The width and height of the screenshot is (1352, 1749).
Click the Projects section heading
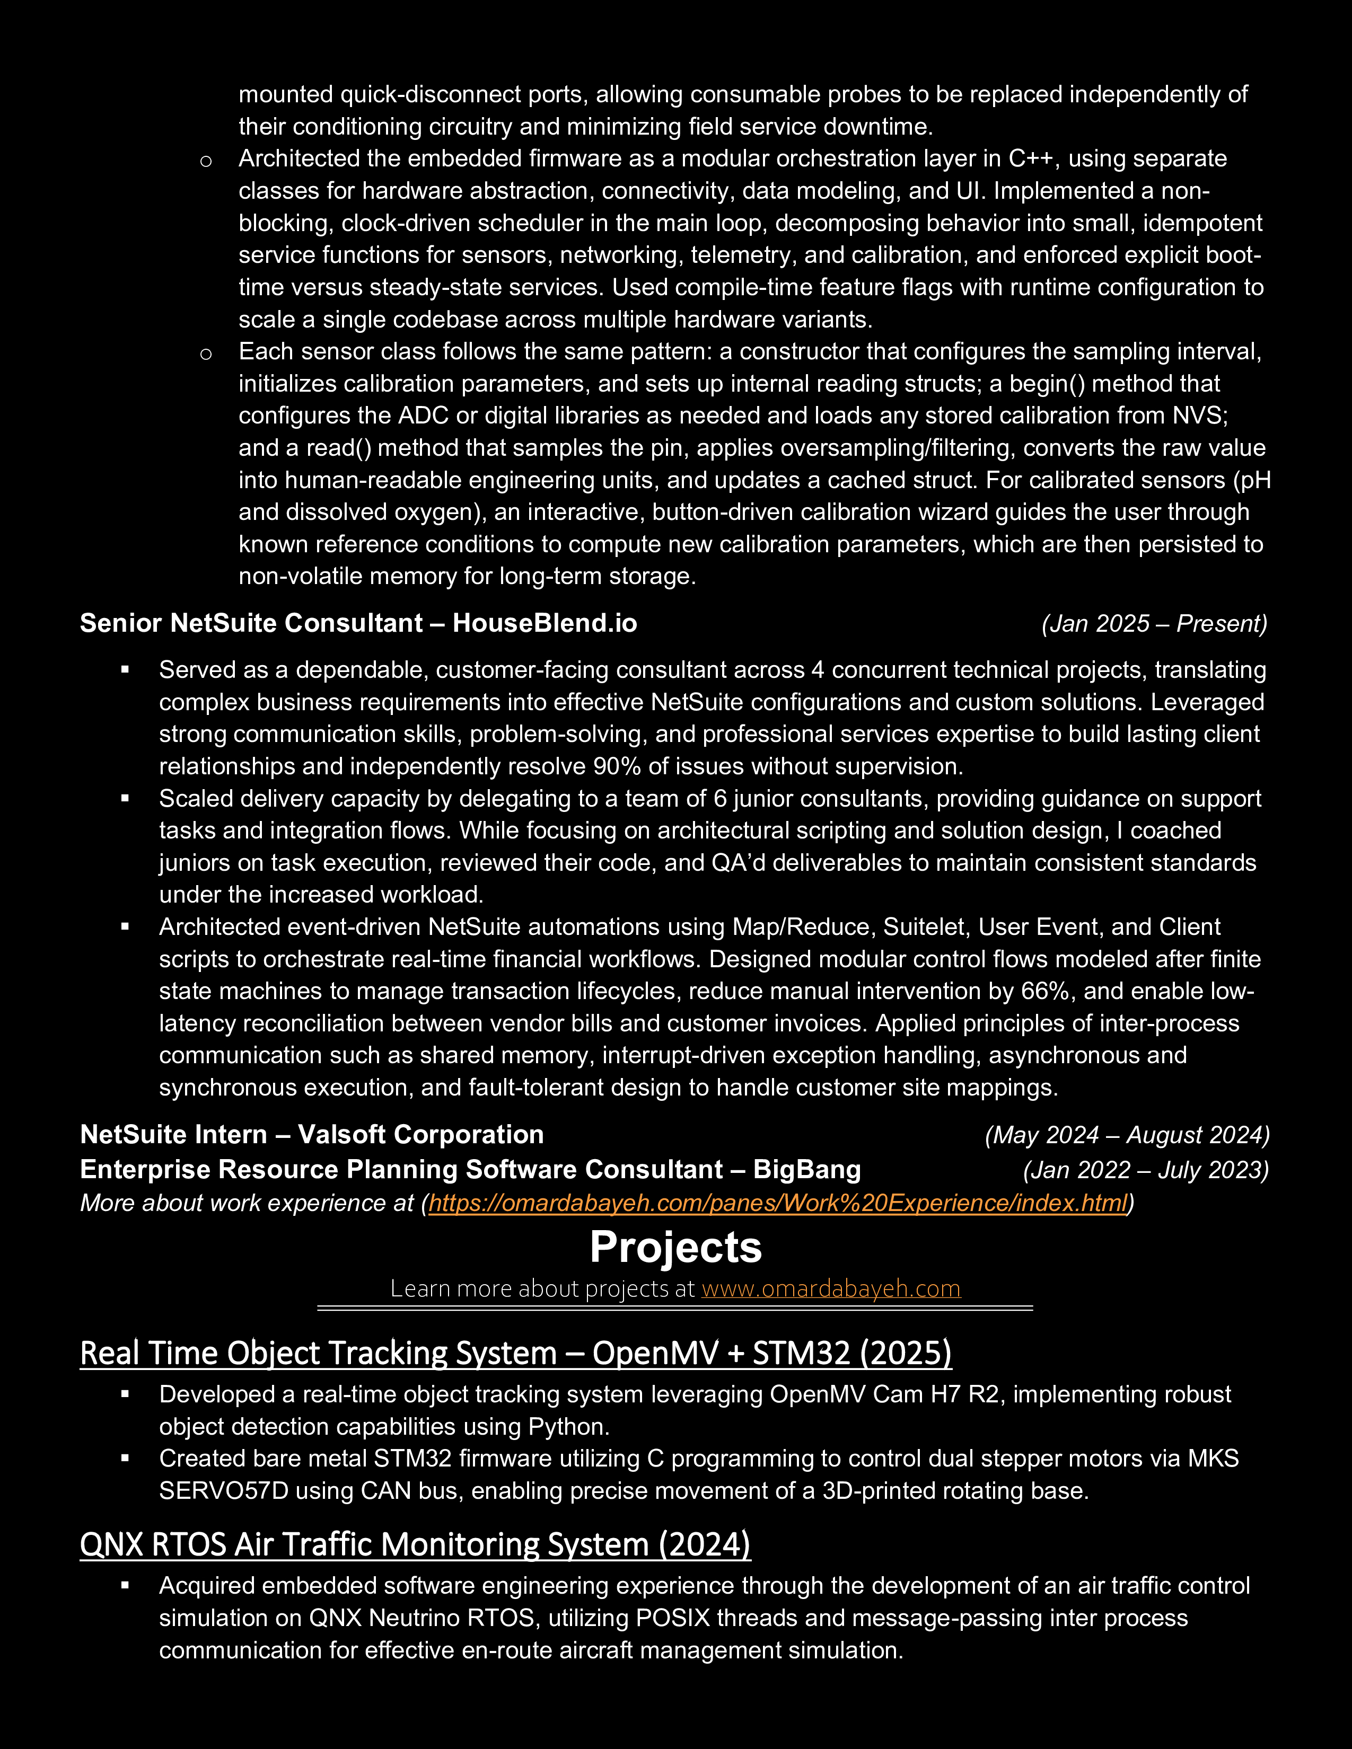675,1248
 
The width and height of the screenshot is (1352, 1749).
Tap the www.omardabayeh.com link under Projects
831,1288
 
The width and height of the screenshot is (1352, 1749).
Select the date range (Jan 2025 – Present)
1154,623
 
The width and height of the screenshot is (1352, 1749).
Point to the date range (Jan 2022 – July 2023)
1145,1170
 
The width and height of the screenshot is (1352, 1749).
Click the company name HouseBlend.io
545,623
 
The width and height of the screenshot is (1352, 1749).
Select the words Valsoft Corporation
420,1135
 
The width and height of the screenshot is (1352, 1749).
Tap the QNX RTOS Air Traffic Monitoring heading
415,1544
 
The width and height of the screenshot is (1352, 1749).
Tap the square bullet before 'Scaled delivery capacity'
125,798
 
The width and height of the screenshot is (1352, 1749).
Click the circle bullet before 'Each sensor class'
206,353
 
